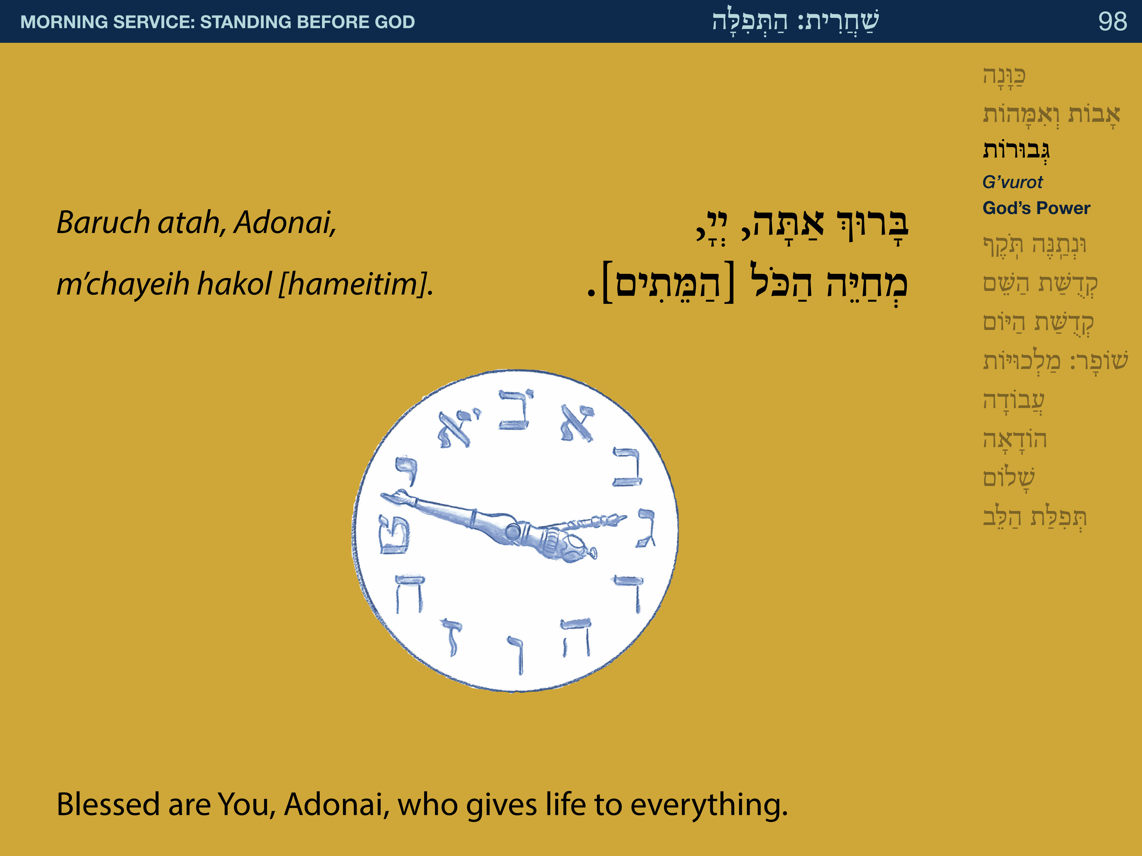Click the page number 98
coord(1112,22)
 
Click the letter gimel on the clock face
coord(646,527)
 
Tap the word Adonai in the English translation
coord(337,804)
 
